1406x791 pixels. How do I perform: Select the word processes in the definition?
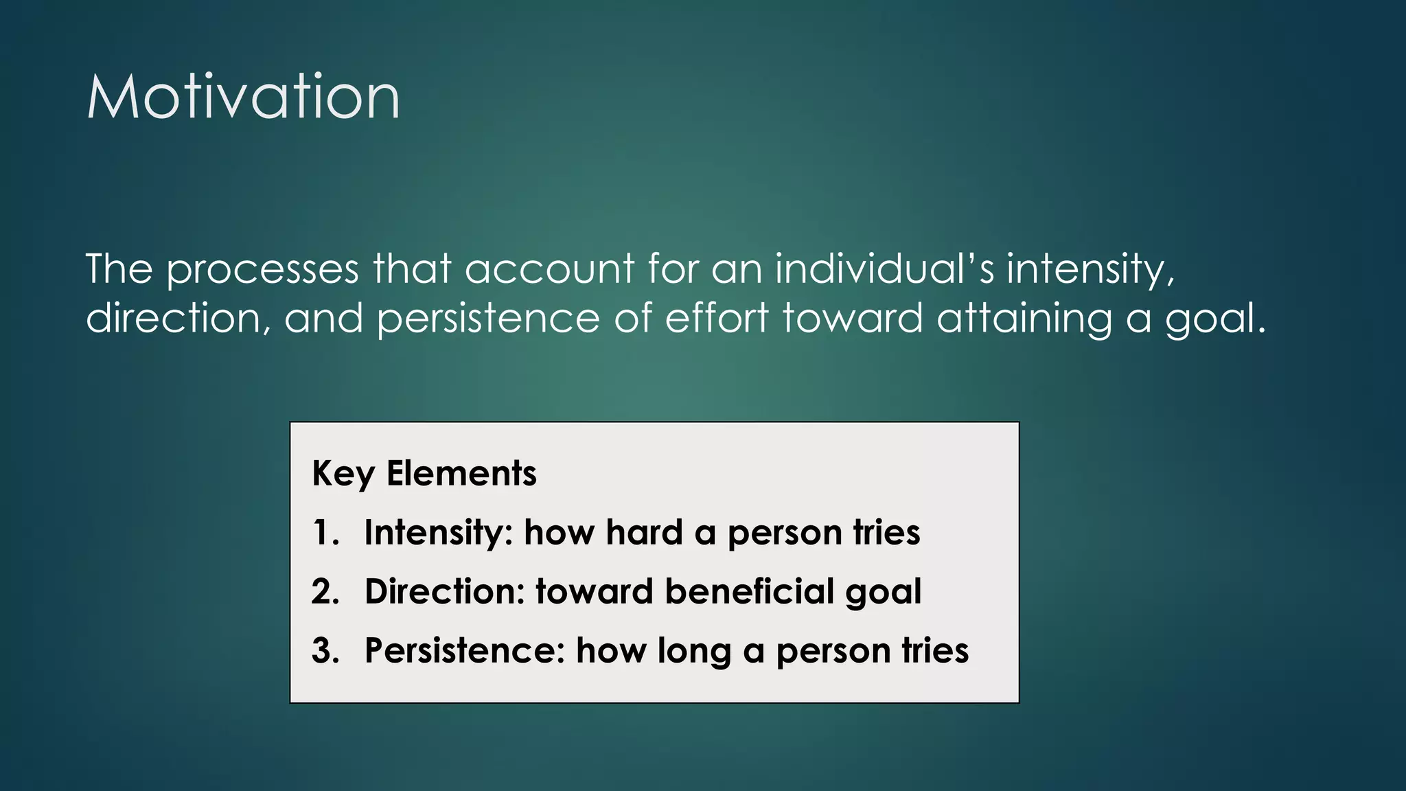262,269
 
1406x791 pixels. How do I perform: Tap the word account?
549,269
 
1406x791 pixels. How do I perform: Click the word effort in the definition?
717,318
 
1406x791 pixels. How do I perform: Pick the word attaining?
1024,319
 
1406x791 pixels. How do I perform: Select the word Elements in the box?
461,473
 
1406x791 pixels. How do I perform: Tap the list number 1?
325,533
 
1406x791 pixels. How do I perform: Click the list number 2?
325,592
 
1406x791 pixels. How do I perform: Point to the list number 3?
325,651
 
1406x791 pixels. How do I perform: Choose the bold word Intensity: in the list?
439,533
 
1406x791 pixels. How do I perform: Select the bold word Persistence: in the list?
465,651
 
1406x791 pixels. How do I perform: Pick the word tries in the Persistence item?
935,651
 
